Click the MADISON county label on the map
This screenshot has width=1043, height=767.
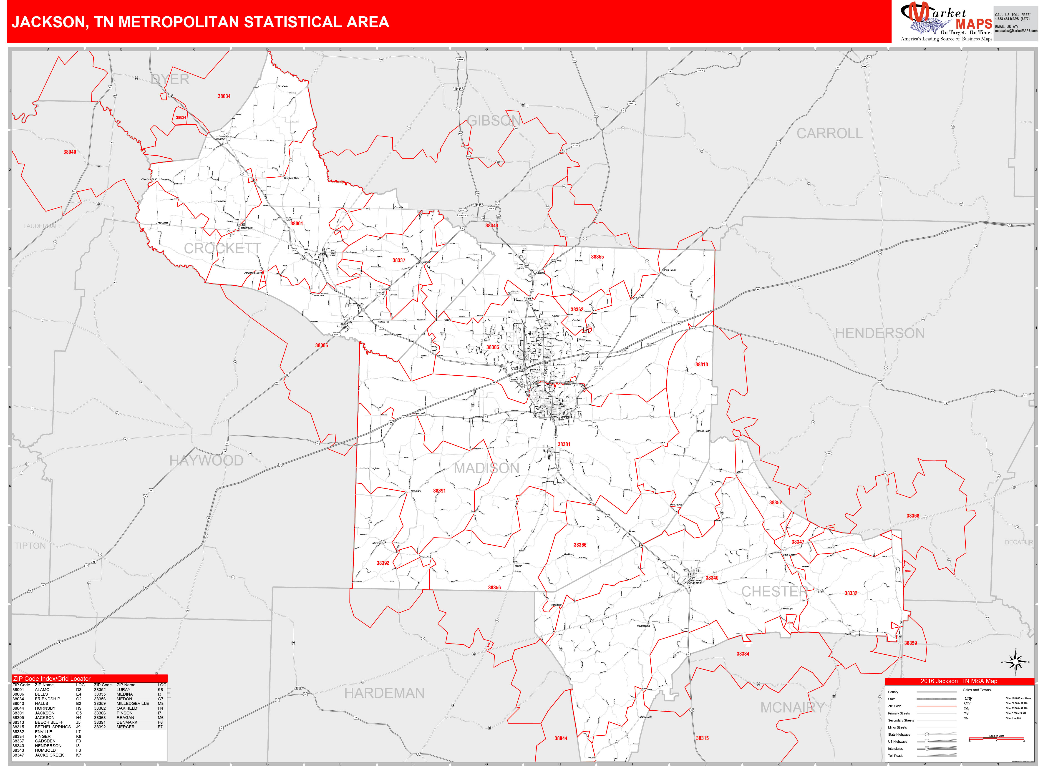point(486,468)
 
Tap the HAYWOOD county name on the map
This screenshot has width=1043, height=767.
point(206,460)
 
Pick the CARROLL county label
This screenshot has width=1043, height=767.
point(829,134)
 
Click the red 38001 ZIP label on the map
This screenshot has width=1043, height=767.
point(296,224)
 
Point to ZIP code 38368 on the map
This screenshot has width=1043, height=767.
point(912,516)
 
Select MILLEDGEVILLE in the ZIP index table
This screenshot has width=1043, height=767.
point(133,703)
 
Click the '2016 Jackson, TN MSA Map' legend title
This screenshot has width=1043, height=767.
point(959,681)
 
